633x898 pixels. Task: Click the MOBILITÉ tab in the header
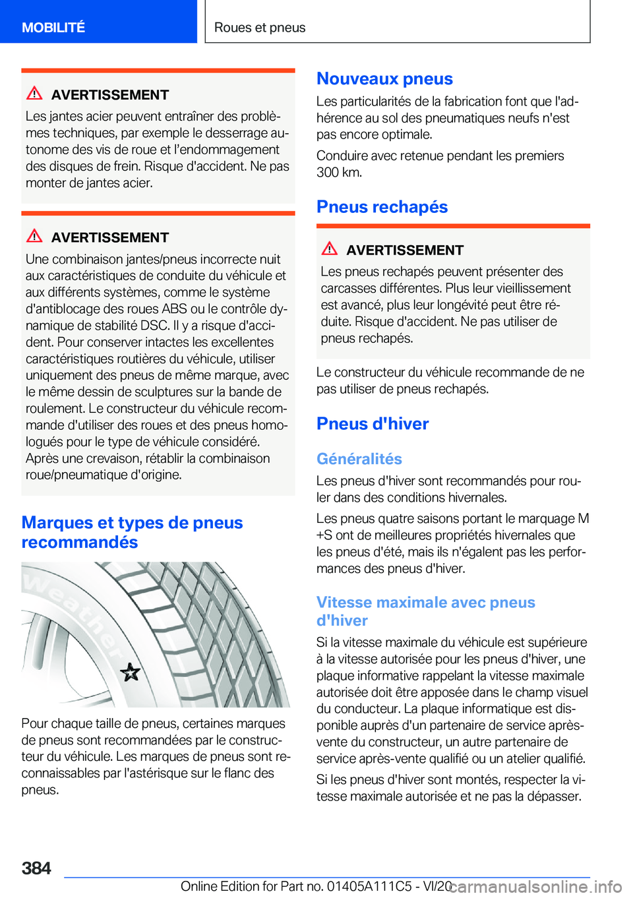pos(53,27)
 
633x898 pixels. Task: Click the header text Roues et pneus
pos(260,27)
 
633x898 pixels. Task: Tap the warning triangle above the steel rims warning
pos(34,94)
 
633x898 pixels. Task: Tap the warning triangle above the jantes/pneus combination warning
pos(34,236)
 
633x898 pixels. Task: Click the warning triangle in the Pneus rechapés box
pos(330,249)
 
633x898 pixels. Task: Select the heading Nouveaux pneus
pos(384,78)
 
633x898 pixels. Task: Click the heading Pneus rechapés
pos(382,206)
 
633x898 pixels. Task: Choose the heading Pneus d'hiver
pos(373,423)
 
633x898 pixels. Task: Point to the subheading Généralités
pos(359,459)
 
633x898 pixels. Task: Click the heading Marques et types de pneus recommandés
pos(132,532)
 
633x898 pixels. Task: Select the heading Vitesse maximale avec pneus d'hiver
pos(425,611)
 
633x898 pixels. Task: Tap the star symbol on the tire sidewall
pos(131,672)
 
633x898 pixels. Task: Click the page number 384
pos(36,868)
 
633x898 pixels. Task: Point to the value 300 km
pos(339,172)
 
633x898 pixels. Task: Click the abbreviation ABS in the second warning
pos(174,309)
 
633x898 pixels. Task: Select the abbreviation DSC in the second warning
pos(155,326)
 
